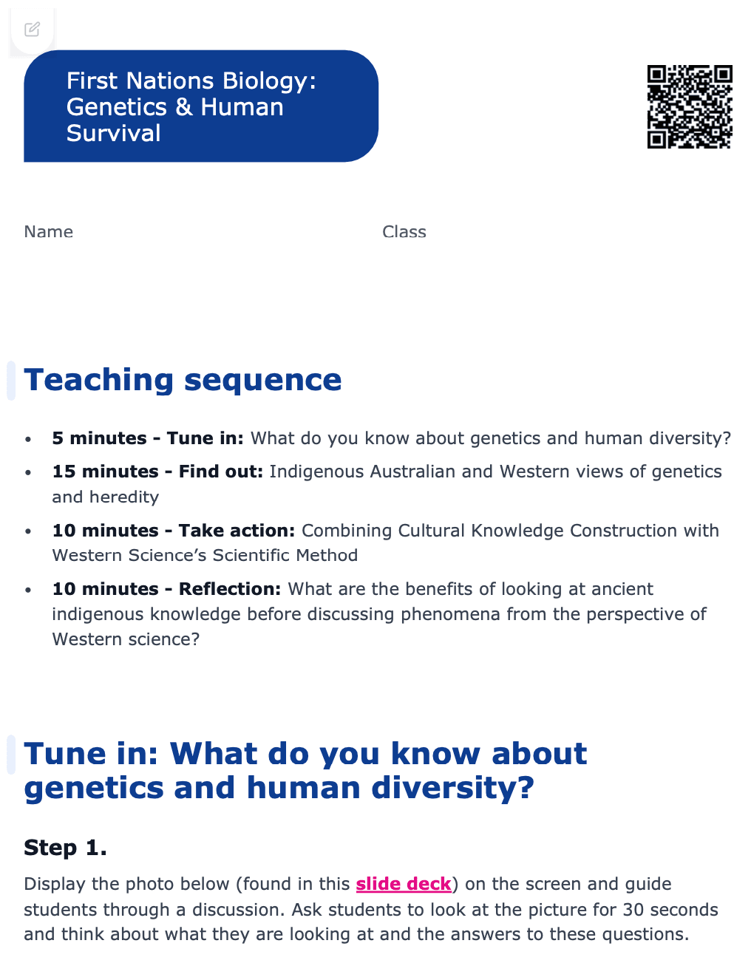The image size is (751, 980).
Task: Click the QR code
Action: tap(689, 106)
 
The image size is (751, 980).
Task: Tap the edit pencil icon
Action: tap(32, 30)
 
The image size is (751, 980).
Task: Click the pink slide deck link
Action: tap(404, 883)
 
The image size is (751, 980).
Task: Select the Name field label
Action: tap(48, 232)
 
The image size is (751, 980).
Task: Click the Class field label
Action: tap(404, 232)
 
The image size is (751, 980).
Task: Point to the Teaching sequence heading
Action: tap(183, 380)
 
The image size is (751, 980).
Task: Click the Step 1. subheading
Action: tap(65, 848)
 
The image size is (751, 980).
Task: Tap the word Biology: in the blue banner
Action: tap(269, 81)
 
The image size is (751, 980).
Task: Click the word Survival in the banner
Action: tap(113, 134)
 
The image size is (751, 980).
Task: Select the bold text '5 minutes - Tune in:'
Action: tap(148, 438)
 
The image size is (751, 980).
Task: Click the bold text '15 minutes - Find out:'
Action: tap(157, 472)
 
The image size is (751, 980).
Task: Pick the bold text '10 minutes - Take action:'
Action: tap(173, 531)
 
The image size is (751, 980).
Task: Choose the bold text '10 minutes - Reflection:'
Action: tap(166, 588)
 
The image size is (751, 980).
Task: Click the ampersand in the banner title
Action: tap(183, 107)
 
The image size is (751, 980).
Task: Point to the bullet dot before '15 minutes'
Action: tap(28, 473)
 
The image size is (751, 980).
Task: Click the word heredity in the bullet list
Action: tap(124, 497)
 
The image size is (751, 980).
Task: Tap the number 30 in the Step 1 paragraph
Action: tap(633, 909)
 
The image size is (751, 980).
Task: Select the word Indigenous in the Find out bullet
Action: tap(316, 472)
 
